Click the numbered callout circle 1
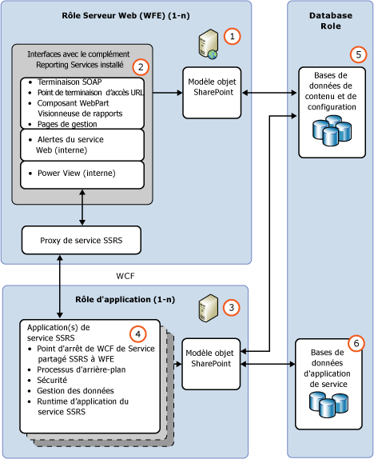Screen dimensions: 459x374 coord(232,36)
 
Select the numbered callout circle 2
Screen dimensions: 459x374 coord(141,68)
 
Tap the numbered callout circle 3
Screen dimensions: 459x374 coord(231,306)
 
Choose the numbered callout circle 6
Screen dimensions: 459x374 coord(357,343)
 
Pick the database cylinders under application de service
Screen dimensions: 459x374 coord(329,407)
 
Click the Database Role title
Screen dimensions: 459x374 coord(329,21)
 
